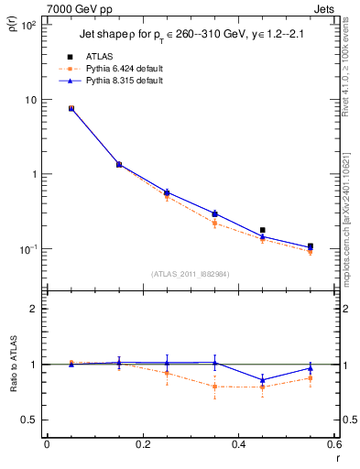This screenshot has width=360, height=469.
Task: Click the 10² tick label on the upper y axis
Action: [x=29, y=26]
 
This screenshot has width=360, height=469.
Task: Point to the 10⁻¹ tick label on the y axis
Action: [x=29, y=249]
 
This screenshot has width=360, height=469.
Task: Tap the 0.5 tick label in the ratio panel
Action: [x=31, y=420]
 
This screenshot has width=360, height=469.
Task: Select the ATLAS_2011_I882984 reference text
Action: [x=190, y=273]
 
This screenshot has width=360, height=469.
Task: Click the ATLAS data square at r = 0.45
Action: [x=263, y=230]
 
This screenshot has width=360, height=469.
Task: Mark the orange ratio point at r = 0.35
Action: [x=214, y=386]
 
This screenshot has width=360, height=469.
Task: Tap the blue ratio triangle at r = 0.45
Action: [x=263, y=379]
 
